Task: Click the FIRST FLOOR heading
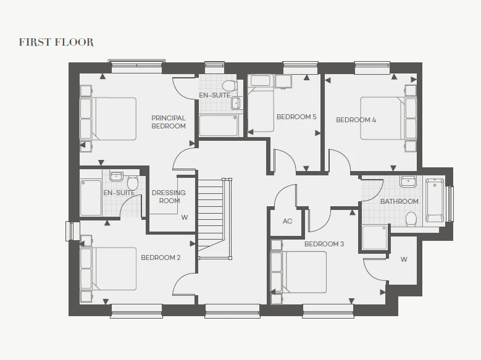pyautogui.click(x=56, y=42)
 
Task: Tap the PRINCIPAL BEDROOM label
pyautogui.click(x=169, y=122)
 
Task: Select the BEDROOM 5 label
pyautogui.click(x=296, y=117)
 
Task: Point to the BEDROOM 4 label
pyautogui.click(x=356, y=120)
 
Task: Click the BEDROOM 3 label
pyautogui.click(x=324, y=244)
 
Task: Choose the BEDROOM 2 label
pyautogui.click(x=161, y=257)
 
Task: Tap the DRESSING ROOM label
pyautogui.click(x=169, y=197)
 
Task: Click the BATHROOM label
pyautogui.click(x=399, y=201)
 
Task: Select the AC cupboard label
pyautogui.click(x=288, y=221)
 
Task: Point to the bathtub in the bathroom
pyautogui.click(x=435, y=201)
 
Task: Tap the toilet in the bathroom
pyautogui.click(x=411, y=219)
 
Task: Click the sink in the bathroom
pyautogui.click(x=408, y=182)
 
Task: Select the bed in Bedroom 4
pyautogui.click(x=388, y=119)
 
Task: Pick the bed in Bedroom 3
pyautogui.click(x=298, y=272)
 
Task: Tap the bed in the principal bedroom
pyautogui.click(x=108, y=119)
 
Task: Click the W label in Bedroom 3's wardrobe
pyautogui.click(x=404, y=259)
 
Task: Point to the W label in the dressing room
pyautogui.click(x=185, y=217)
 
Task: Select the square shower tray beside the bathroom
pyautogui.click(x=375, y=238)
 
